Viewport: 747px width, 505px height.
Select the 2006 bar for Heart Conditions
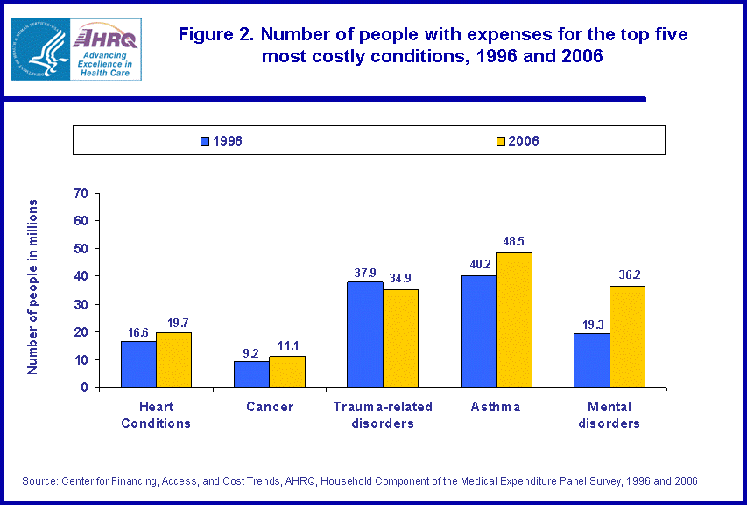(x=173, y=359)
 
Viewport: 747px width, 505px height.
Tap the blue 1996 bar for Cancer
(x=251, y=374)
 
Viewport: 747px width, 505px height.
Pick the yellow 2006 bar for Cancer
(x=287, y=372)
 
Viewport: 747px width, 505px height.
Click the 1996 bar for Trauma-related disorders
(x=364, y=334)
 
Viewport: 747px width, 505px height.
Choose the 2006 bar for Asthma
(x=513, y=320)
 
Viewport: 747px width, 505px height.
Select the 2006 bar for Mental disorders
(x=627, y=337)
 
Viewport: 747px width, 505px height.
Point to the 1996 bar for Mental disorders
(x=591, y=360)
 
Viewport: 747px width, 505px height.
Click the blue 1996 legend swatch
(x=205, y=140)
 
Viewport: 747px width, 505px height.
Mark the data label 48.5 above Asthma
(x=514, y=241)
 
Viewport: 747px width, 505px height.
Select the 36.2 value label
(x=628, y=274)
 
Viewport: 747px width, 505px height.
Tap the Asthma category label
(x=496, y=407)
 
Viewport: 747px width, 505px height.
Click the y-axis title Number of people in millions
(x=32, y=287)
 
